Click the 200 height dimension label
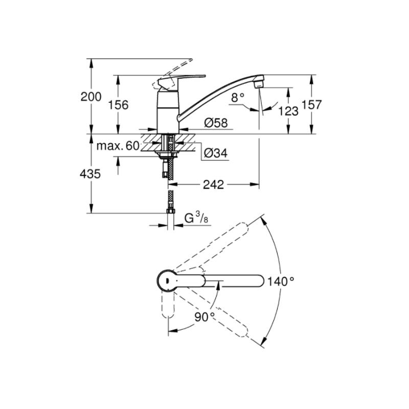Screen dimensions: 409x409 point(91,97)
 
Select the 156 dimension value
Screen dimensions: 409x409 point(118,105)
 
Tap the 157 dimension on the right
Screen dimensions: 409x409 point(311,105)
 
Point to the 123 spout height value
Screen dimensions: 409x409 point(288,111)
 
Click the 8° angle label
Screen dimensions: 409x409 point(238,98)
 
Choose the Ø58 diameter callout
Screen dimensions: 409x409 point(216,123)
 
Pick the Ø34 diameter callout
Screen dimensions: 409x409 point(215,153)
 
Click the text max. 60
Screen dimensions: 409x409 point(118,146)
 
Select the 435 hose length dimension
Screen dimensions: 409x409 point(90,174)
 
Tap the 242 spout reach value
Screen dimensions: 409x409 point(213,185)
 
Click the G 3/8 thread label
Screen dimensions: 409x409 point(196,218)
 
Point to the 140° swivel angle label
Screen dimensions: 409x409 point(281,281)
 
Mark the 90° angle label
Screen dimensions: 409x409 point(204,317)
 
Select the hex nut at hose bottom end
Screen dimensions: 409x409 point(171,211)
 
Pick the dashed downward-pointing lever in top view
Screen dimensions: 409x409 point(168,304)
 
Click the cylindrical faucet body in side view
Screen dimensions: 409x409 point(168,112)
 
